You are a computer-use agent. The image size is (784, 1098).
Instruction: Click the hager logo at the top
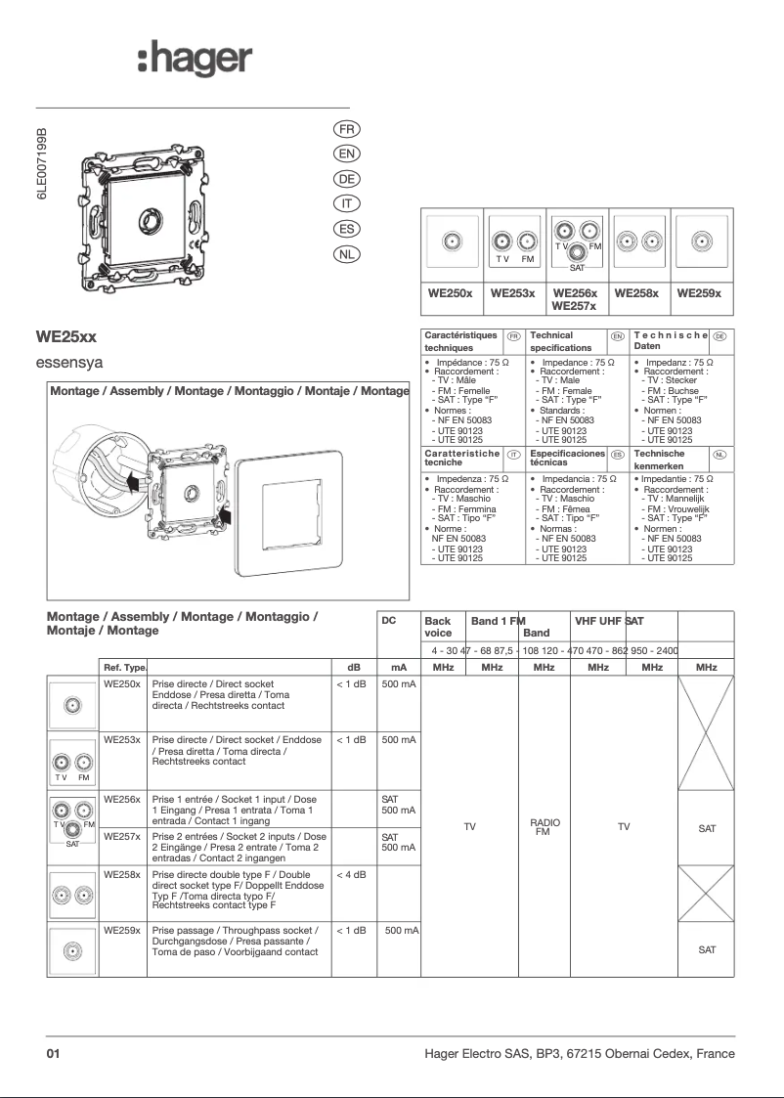195,61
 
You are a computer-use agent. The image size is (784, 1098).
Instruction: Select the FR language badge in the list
347,129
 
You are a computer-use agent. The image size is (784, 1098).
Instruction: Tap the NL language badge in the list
347,254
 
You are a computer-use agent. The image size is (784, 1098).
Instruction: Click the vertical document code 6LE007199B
42,163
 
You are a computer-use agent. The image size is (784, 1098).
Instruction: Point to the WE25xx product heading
66,336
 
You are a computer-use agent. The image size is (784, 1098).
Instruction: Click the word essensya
69,364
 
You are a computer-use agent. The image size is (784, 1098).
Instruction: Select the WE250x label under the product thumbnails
451,293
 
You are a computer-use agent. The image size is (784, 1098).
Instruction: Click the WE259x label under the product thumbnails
699,293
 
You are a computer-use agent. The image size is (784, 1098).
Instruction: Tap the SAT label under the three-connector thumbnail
577,267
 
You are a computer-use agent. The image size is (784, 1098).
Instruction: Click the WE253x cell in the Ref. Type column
122,740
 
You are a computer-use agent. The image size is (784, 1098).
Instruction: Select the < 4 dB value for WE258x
351,875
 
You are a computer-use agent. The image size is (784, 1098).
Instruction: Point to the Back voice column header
438,626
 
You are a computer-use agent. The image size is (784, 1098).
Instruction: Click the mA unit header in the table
398,667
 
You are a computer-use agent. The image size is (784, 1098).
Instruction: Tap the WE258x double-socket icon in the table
73,895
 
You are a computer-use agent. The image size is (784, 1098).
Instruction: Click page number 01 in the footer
54,1054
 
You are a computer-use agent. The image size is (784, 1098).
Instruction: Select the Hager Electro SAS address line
579,1054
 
